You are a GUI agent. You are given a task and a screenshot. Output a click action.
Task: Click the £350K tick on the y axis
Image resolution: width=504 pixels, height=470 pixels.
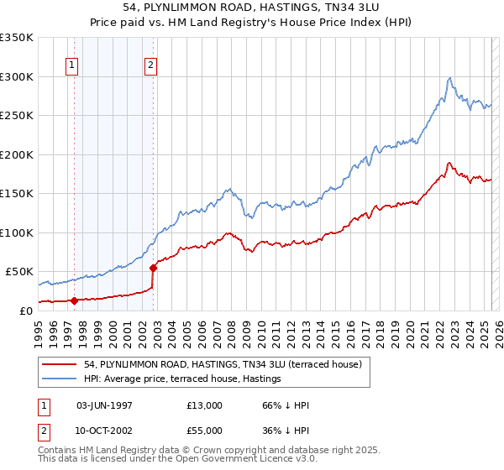coord(17,38)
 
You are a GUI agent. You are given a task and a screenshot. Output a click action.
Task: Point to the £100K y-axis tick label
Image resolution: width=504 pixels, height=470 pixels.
coord(17,232)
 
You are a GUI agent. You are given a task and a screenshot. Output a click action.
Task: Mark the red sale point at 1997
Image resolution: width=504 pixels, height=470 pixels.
coord(74,300)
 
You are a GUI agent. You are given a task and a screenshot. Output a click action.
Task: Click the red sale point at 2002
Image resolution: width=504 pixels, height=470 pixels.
coord(154,269)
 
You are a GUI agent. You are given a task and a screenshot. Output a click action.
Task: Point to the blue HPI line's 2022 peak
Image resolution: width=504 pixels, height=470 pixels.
coord(450,78)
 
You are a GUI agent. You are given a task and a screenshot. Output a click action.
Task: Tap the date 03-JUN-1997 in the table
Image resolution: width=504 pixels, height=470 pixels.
coord(104,405)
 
